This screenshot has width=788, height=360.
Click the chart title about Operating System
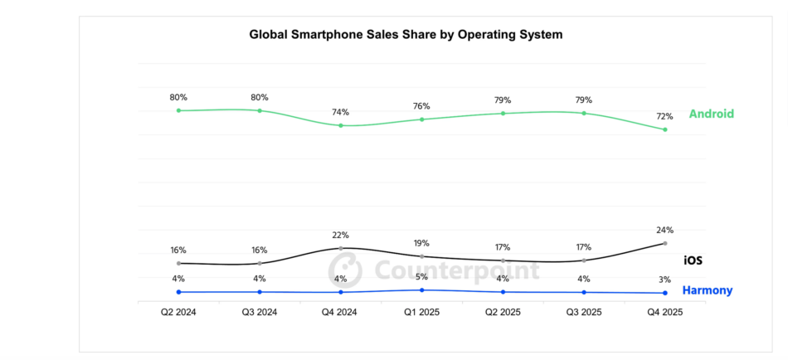406,35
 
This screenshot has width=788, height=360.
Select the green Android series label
711,114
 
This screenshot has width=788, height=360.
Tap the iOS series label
693,260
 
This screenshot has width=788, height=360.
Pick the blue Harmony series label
707,290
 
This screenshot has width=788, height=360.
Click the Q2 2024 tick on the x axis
178,313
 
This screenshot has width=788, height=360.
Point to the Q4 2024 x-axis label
341,313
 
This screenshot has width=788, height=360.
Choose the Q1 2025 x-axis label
421,313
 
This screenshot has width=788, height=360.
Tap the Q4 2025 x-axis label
665,313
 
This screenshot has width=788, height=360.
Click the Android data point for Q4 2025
665,129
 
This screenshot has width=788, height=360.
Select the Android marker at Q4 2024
341,125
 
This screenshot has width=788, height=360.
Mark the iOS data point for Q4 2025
665,243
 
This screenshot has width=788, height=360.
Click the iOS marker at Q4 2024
341,248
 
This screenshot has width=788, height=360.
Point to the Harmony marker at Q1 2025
422,289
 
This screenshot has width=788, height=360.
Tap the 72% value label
665,116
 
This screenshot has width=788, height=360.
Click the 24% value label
665,230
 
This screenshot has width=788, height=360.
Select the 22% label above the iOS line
341,235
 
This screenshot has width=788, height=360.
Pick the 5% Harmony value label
422,276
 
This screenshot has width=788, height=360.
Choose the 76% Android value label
422,106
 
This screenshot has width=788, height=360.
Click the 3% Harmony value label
665,280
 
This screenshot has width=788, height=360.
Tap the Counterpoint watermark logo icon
345,270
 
